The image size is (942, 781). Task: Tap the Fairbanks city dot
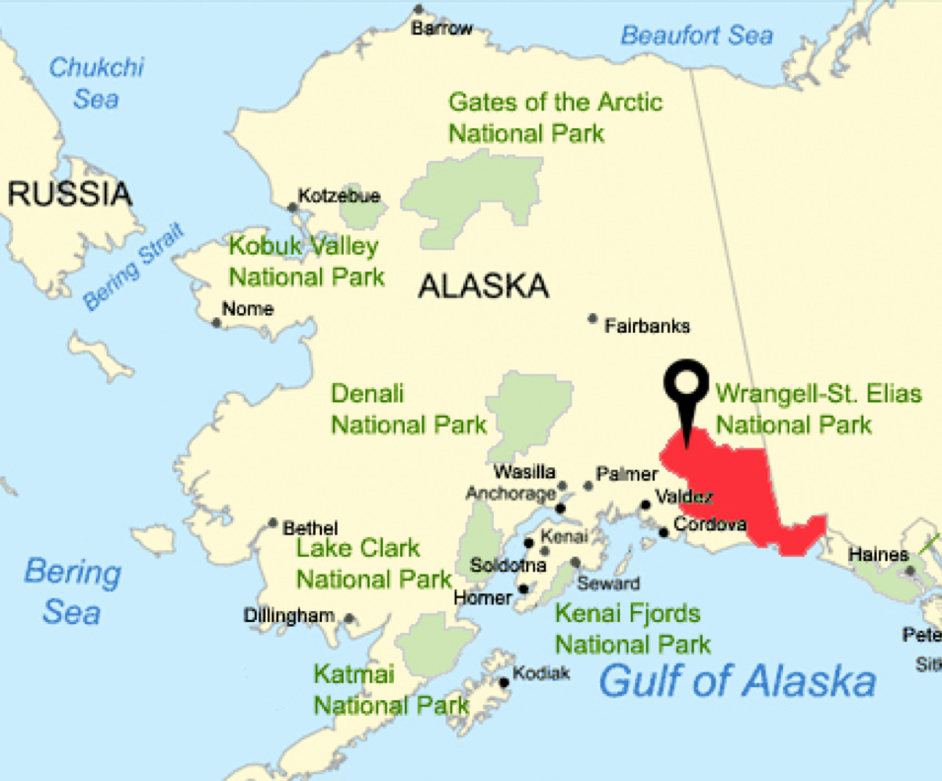pos(592,318)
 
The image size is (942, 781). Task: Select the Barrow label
pos(442,29)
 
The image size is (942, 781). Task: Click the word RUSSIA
pos(69,194)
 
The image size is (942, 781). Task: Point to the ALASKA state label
pos(483,287)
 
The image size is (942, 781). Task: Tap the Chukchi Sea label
pos(97,83)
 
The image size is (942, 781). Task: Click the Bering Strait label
pos(134,268)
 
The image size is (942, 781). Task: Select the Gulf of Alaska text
pos(738,681)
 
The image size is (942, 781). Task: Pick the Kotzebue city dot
pos(292,207)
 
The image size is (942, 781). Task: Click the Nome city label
pos(247,309)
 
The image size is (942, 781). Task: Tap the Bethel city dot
pos(274,523)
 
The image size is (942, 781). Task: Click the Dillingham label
pos(289,616)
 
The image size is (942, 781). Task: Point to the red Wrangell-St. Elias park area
pos(731,484)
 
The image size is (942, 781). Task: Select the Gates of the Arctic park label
pos(555,117)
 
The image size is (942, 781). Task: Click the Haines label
pos(879,555)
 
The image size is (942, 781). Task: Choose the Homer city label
pos(483,597)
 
